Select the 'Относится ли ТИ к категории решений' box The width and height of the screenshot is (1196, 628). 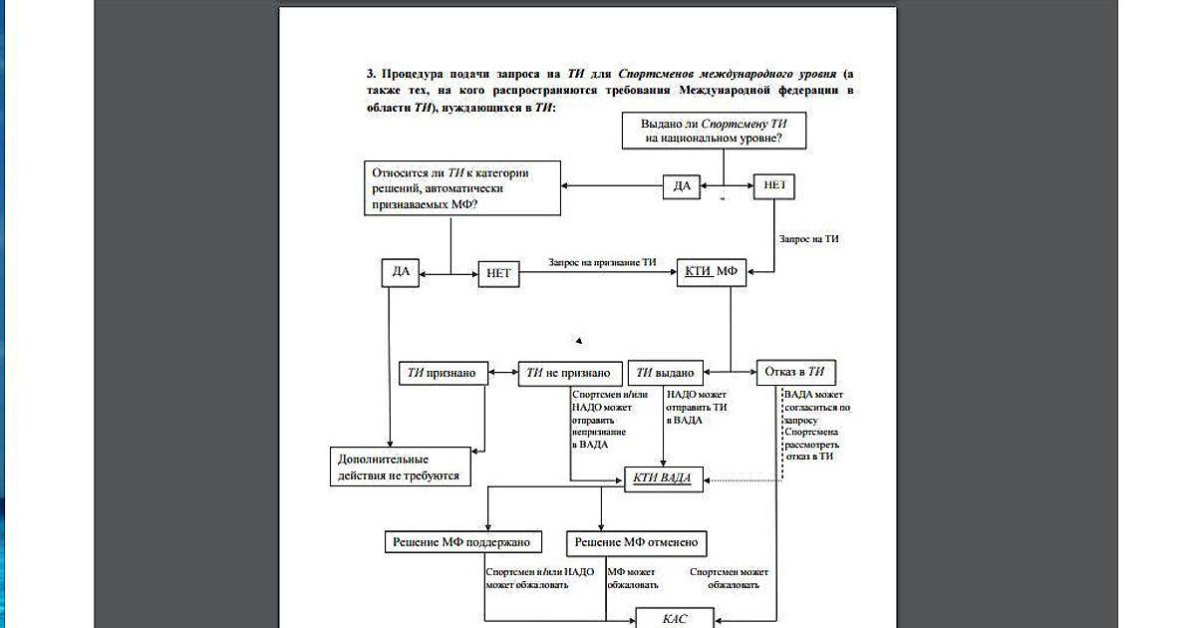pos(460,187)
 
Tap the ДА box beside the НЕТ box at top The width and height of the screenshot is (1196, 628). pos(682,186)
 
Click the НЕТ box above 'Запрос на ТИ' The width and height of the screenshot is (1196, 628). pos(774,186)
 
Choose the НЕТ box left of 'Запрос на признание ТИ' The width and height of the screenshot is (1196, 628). pos(499,273)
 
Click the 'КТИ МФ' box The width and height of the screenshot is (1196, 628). pos(711,272)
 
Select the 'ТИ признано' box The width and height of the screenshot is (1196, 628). pos(444,373)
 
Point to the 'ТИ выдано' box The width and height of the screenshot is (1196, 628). pos(664,373)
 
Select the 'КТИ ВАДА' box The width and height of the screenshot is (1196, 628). pos(663,478)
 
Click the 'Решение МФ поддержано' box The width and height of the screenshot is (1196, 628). pos(463,542)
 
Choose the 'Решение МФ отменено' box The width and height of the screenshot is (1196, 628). pos(637,542)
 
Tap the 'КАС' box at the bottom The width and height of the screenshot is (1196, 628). pos(675,618)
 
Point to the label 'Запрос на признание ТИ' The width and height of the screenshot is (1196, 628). pos(602,262)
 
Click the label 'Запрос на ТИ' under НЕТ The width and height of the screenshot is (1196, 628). pos(808,239)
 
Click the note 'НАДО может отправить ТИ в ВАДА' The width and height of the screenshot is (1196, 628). pos(697,408)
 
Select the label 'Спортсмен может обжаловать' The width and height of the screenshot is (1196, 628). pos(729,578)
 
